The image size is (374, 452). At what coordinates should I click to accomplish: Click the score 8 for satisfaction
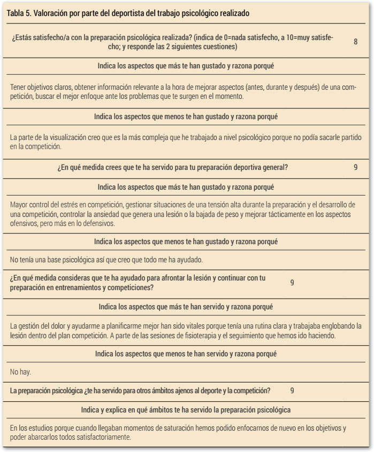click(356, 42)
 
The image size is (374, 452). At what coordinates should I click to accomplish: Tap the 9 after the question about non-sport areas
click(292, 391)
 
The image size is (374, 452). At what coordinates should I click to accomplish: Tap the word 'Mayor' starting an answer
click(20, 206)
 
